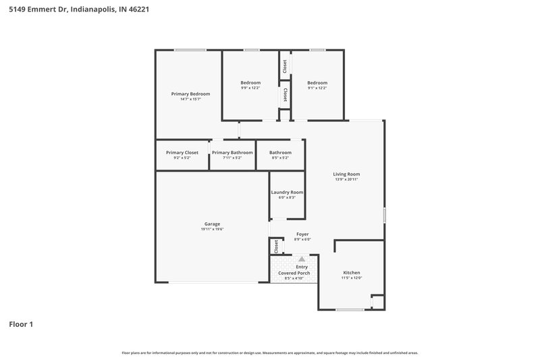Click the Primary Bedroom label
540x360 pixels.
(190, 94)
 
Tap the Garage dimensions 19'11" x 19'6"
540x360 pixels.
(212, 230)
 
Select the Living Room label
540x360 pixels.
(346, 174)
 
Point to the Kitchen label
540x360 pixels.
(352, 272)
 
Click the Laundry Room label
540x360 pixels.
(287, 192)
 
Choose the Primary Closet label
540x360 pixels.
(182, 153)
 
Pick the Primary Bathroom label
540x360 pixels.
(232, 153)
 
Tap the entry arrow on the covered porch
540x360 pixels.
(302, 259)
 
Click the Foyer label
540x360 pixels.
(302, 234)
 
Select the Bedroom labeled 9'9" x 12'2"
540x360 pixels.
(250, 82)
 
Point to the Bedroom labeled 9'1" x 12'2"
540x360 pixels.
(317, 82)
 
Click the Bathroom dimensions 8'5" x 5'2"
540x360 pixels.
(280, 158)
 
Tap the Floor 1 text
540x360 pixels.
(21, 324)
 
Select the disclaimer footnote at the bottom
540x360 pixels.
(269, 353)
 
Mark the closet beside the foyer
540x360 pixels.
(276, 246)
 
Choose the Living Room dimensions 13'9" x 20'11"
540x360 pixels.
(346, 180)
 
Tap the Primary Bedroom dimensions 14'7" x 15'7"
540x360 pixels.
(190, 100)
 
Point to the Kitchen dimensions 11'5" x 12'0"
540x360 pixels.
(352, 278)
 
